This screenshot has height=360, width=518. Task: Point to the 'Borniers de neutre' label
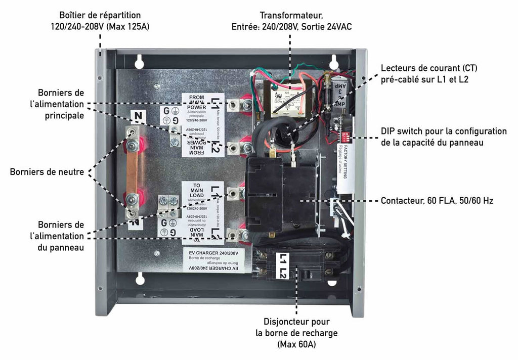47,172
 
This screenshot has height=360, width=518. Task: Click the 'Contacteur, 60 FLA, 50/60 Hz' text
437,201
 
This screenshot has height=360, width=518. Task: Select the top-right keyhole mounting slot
334,60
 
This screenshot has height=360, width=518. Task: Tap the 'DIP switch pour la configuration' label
444,131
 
